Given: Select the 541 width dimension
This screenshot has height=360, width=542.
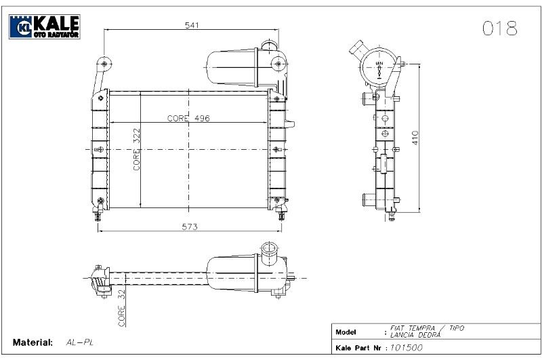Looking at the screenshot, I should point(191,24).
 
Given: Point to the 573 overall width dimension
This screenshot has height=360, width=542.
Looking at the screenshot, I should point(190,226).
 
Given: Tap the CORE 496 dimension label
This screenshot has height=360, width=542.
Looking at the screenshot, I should point(189,118).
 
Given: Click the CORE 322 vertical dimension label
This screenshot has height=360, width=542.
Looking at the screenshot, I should point(136,149).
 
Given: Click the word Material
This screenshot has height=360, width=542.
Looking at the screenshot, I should point(33,342).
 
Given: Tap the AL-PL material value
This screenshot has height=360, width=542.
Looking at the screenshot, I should point(80,342).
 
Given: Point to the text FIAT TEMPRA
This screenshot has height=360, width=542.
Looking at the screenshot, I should point(413,328).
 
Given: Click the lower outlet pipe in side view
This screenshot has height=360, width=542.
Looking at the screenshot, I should point(367,200).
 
